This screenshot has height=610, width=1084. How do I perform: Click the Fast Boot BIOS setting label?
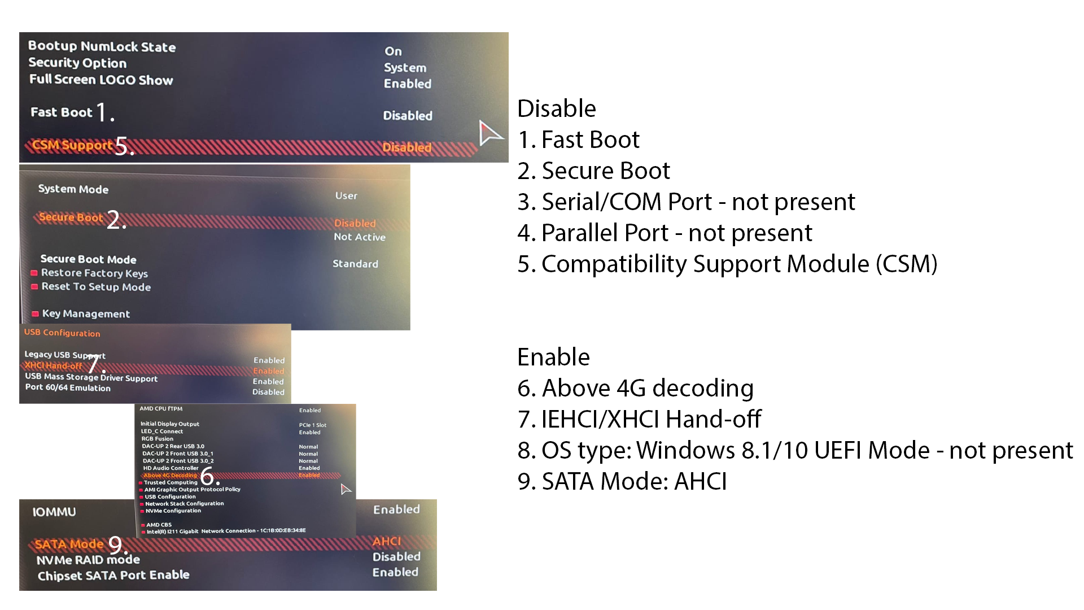(x=61, y=112)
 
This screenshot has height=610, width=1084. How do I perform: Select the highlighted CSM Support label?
(x=72, y=146)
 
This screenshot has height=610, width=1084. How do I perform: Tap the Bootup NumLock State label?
(x=102, y=46)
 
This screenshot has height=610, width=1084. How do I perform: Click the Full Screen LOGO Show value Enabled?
(x=407, y=84)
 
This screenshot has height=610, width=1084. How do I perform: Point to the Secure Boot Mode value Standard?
(x=355, y=264)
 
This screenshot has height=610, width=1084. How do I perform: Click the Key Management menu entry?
(x=85, y=313)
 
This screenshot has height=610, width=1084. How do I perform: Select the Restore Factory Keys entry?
(x=94, y=273)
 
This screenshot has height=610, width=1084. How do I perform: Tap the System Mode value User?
(x=346, y=195)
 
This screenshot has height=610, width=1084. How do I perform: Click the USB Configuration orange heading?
(x=62, y=333)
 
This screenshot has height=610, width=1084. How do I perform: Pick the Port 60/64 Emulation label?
(x=68, y=388)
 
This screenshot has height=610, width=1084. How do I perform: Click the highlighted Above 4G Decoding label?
(x=170, y=476)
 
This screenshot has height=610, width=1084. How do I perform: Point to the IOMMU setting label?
(x=54, y=512)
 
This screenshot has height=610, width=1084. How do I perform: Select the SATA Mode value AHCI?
(x=387, y=541)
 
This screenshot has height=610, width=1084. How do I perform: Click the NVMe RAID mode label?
(x=88, y=560)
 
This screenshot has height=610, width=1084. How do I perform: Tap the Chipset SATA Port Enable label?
(x=113, y=575)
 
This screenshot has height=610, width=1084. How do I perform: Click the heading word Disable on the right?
(x=556, y=108)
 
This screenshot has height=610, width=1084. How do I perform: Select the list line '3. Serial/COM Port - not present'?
(x=686, y=202)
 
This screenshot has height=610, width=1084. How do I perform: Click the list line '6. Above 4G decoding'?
(x=635, y=388)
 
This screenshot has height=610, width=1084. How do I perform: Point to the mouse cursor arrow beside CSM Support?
(x=489, y=133)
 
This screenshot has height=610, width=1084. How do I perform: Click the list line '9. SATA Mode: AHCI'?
(x=622, y=481)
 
